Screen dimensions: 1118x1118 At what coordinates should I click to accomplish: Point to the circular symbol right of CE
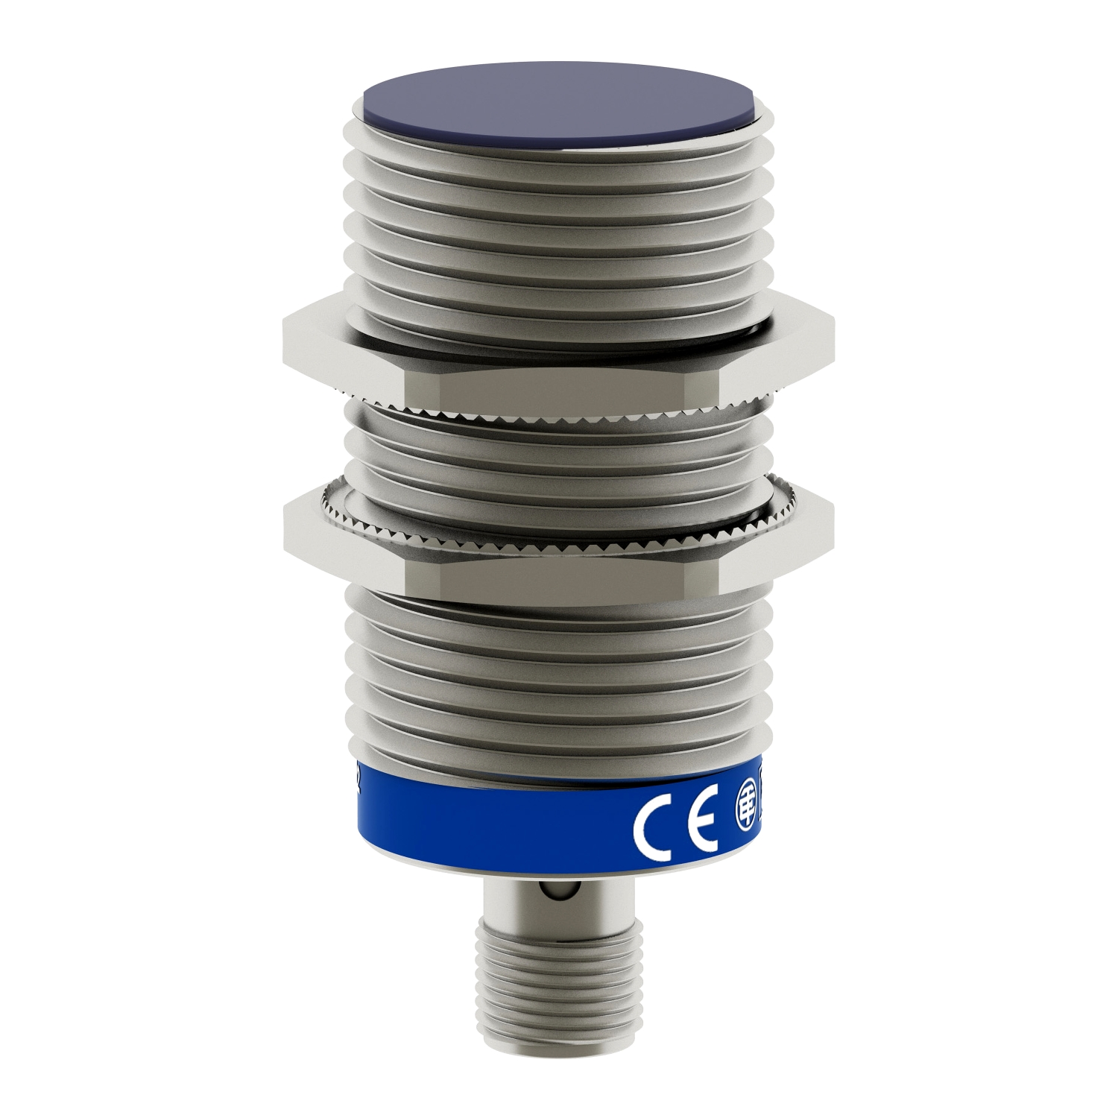(745, 818)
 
